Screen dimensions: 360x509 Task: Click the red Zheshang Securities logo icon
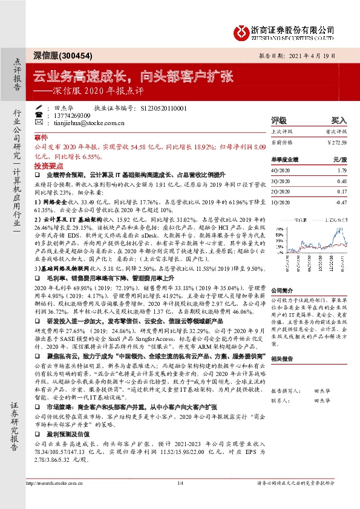(243, 30)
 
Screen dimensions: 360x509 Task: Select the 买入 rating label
(339, 120)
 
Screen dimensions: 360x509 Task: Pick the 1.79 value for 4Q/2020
(341, 170)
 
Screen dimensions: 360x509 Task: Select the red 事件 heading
(41, 138)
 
